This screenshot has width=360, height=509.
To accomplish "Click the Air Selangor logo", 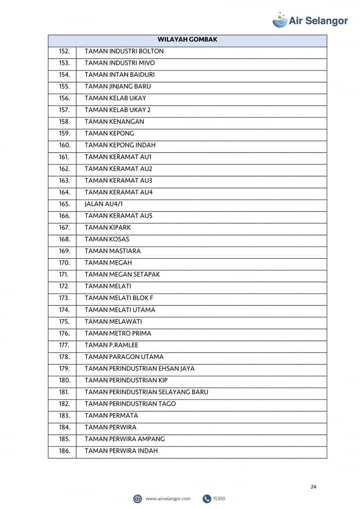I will click(x=310, y=20).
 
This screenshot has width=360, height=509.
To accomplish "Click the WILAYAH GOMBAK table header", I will click(x=187, y=40).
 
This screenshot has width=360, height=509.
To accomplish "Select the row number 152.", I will click(x=64, y=51).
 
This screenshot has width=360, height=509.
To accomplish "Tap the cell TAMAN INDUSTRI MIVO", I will click(x=120, y=63).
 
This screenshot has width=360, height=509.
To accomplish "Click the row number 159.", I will click(x=64, y=133).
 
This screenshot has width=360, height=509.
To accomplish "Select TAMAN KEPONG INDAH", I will click(x=120, y=145).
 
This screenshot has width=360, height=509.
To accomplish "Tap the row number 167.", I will click(x=64, y=227).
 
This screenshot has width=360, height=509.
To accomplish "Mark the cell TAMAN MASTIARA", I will click(x=112, y=251).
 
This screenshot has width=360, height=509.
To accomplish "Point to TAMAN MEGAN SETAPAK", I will click(x=122, y=274).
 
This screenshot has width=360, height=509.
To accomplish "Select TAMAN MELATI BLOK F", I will click(x=119, y=298).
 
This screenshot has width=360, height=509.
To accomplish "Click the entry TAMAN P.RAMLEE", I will click(x=111, y=345).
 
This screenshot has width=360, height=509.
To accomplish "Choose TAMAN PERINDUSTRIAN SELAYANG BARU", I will click(x=146, y=392).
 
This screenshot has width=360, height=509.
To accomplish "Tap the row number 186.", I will click(x=64, y=451).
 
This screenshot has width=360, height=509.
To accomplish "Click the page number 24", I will click(x=313, y=487).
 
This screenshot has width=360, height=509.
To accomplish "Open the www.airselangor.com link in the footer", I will click(x=168, y=498).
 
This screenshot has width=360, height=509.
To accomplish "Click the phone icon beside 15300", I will click(x=207, y=498).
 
